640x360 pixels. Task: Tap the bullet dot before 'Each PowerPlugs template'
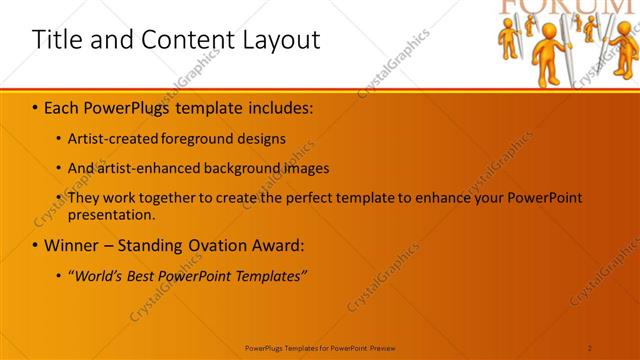tap(35, 105)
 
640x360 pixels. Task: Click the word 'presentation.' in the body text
tap(111, 215)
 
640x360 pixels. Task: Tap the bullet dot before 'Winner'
tap(35, 245)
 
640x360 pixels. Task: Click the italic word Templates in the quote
tap(270, 275)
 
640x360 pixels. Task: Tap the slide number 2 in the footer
tap(590, 347)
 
